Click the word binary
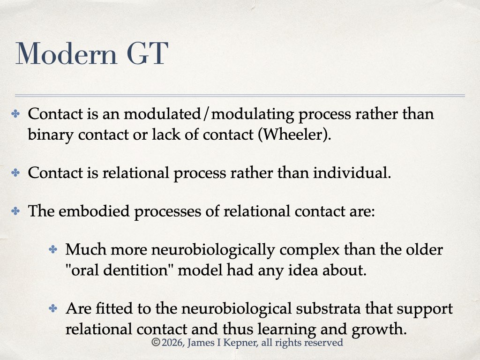(x=51, y=135)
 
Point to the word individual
(x=352, y=173)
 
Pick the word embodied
(x=94, y=211)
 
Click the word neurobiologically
(x=213, y=250)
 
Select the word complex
(x=309, y=250)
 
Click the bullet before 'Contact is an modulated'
(x=15, y=114)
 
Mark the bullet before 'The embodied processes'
(x=15, y=211)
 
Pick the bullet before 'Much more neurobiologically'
(x=53, y=249)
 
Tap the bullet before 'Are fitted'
(x=53, y=308)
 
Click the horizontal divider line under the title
(x=240, y=96)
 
